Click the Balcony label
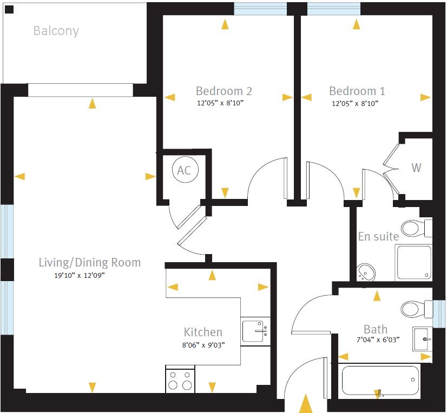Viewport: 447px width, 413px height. pos(56,31)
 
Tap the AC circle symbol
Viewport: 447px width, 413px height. pos(184,170)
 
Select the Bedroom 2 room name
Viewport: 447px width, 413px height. pos(223,91)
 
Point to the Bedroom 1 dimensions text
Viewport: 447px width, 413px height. pos(354,103)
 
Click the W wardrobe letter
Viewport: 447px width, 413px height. pos(416,168)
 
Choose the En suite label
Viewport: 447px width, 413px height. pos(378,236)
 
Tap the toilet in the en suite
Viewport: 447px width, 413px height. pos(415,228)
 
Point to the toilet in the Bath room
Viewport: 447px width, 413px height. pos(415,309)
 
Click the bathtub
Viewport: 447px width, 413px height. pos(380,381)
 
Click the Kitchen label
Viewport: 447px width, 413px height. pos(203,332)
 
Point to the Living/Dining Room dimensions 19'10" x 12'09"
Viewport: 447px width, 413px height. pos(76,275)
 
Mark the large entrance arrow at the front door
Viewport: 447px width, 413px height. pos(306,404)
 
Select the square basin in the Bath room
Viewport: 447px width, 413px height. pos(423,338)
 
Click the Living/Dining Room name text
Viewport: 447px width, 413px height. pos(89,263)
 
